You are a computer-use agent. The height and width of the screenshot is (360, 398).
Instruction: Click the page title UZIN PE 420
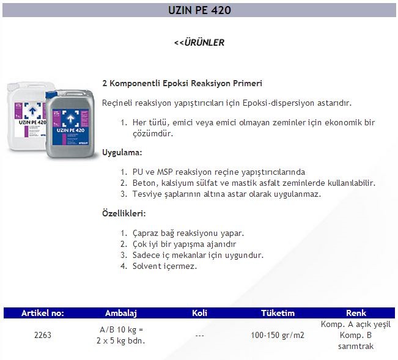pos(199,10)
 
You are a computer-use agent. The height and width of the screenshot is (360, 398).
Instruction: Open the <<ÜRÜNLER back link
pos(199,42)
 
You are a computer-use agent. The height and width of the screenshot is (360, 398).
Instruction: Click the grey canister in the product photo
pos(70,124)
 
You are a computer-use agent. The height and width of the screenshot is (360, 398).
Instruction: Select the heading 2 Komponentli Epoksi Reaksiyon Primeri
pos(182,83)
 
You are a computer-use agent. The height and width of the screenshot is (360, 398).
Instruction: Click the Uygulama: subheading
pos(122,152)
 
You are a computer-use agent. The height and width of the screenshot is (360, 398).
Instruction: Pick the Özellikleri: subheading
pos(124,213)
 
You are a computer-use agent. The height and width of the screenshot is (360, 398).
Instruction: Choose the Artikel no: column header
pos(43,313)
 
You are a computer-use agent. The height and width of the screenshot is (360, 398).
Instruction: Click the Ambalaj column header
pos(121,313)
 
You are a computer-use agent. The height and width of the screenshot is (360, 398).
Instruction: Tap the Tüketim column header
pos(278,313)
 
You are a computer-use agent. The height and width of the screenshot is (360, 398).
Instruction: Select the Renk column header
pos(356,313)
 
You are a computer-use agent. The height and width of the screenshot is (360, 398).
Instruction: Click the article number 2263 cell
pos(43,335)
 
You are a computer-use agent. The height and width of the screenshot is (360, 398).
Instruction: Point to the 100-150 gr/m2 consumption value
pos(278,335)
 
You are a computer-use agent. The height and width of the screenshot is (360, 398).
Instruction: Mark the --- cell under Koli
pos(199,336)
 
